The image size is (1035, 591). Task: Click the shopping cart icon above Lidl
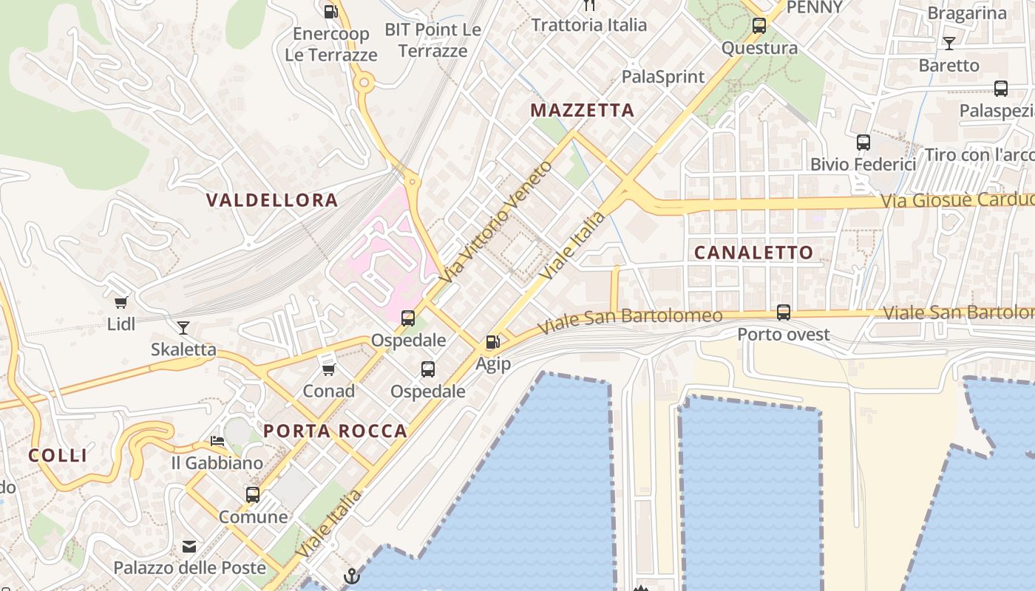coord(121,301)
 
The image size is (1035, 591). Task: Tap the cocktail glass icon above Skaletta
coord(183,327)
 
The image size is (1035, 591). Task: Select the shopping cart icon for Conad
coord(328,369)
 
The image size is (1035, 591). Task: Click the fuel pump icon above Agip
coord(492,342)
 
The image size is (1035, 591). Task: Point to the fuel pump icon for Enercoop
coord(330,11)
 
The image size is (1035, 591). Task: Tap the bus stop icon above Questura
coord(759,26)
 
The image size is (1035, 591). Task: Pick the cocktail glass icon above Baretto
coord(949,43)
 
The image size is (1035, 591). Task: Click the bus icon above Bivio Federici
coord(863,142)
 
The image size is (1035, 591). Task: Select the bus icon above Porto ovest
coord(784,312)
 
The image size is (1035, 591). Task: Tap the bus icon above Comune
coord(253,494)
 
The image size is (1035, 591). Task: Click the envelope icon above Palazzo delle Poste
coord(189,547)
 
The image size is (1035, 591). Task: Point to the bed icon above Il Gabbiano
coord(217,441)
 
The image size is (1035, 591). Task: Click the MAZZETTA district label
coord(583,111)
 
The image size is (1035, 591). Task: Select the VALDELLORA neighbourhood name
coord(272,199)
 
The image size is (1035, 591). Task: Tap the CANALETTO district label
coord(753,253)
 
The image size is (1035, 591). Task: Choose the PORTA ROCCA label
coord(336,431)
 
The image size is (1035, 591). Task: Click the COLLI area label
coord(58,455)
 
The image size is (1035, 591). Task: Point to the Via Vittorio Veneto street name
coord(495,222)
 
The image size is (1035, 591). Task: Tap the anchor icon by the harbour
coord(352,576)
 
